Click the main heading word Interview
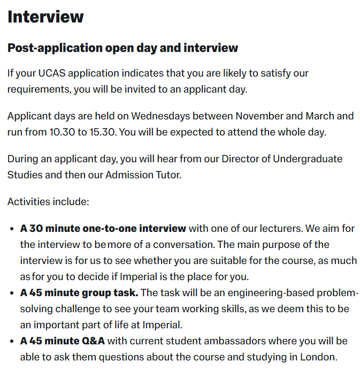(x=45, y=17)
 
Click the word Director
(x=243, y=159)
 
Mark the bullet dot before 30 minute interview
(x=12, y=229)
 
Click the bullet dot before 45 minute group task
(x=12, y=293)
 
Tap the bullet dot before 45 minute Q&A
(x=12, y=342)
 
